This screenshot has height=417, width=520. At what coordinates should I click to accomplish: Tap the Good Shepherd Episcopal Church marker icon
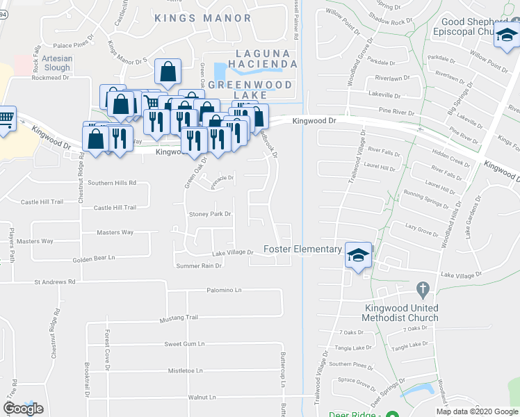[x=506, y=35]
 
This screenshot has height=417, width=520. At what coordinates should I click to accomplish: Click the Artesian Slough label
[x=56, y=63]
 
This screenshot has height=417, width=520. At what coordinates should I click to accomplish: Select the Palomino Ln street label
[x=223, y=290]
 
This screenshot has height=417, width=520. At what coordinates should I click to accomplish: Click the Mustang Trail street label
[x=179, y=317]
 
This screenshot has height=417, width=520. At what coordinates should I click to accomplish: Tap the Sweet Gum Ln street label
[x=184, y=343]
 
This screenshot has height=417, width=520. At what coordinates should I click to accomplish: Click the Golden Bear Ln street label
[x=93, y=258]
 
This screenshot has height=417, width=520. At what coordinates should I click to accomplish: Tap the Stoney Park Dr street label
[x=209, y=214]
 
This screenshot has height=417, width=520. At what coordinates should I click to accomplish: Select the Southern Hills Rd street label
[x=111, y=183]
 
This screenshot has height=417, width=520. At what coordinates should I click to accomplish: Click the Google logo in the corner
[x=22, y=409]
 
